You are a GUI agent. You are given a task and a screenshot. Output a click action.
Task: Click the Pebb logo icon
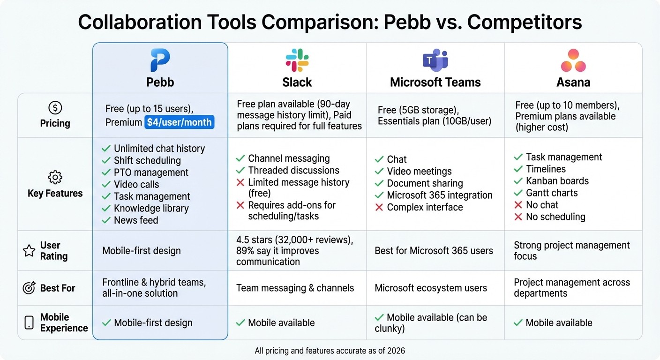coord(160,60)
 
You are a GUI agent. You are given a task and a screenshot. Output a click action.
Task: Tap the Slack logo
coord(297,60)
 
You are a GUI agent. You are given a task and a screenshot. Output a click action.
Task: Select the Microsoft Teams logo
coord(435,60)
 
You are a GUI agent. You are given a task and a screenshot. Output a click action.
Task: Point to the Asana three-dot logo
coord(573,60)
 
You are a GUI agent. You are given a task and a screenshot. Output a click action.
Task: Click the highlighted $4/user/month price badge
coord(179,122)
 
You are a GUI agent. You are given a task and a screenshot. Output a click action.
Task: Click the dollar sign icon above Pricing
coord(55,108)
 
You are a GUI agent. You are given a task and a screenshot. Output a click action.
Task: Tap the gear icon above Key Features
coord(55,178)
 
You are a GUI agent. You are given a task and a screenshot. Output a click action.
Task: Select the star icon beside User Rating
coord(29,251)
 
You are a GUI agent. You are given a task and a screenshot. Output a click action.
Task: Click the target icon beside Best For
coord(29,288)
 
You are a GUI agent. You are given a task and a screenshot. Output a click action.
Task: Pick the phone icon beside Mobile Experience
coord(29,322)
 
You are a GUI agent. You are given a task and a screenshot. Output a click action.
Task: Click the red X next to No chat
coord(518,205)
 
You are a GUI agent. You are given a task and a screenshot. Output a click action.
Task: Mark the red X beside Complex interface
coord(379,207)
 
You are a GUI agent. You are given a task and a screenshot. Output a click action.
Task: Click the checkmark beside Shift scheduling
coord(106,161)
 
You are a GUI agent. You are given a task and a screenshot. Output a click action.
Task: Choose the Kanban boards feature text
coord(557,181)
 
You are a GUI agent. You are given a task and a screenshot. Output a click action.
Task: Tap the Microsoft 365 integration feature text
coord(439,195)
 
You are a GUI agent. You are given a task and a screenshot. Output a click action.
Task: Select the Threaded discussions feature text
coord(293,171)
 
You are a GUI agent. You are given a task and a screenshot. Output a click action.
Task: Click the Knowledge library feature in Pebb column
coord(151,209)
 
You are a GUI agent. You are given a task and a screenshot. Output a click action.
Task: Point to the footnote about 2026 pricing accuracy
coord(330,351)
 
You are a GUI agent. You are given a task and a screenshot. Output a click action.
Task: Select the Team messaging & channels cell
coord(295,288)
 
